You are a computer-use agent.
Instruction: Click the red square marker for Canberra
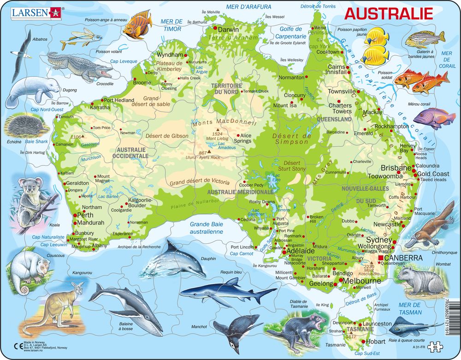pos(380,258)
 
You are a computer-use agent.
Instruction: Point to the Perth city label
pos(86,215)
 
